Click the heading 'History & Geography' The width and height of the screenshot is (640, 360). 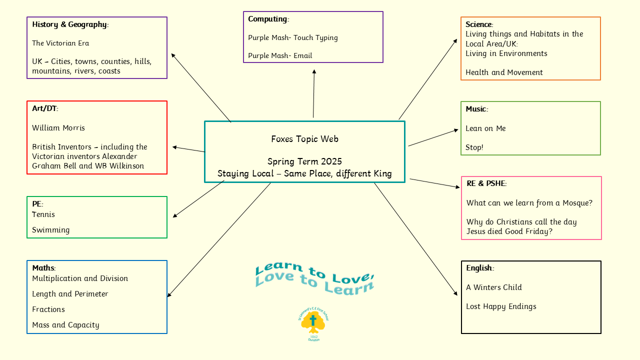pos(70,24)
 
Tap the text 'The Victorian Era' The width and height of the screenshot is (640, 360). pos(60,43)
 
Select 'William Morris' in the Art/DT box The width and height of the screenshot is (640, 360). pos(58,128)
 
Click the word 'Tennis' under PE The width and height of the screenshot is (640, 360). pos(43,214)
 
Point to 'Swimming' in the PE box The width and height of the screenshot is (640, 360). pos(51,230)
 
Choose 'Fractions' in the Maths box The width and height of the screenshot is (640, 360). pos(48,309)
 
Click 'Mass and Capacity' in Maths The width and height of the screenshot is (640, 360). pos(65,325)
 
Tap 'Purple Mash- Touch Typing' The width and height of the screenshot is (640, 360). pos(293,37)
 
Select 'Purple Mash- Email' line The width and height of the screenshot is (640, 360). pos(280,55)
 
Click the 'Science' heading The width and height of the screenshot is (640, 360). pos(479,24)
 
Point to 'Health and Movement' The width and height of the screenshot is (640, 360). pos(504,72)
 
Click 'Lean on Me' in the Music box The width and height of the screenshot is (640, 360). pos(485,128)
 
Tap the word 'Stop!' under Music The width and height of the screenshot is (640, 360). pos(474,147)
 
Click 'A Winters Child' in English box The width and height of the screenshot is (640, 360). pos(494,287)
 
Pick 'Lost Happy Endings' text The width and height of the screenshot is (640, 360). pos(501,306)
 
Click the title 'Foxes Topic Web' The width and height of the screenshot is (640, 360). pos(304,139)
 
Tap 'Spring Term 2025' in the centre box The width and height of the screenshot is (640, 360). pos(304,161)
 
